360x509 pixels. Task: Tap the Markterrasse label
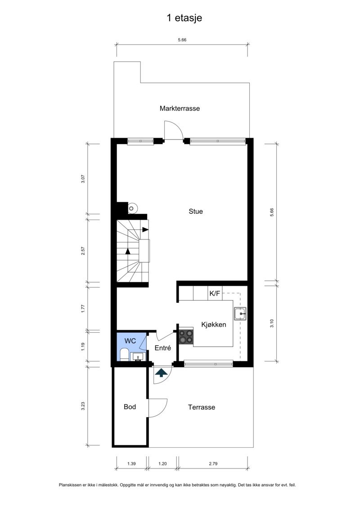click(180, 108)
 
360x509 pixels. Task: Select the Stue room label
click(195, 211)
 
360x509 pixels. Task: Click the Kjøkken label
click(213, 324)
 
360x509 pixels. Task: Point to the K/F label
click(215, 294)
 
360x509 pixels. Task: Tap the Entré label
click(162, 348)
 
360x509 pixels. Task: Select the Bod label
click(130, 407)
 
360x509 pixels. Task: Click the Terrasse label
click(201, 407)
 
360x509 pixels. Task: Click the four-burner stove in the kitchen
click(186, 336)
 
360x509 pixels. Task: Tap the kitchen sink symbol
click(240, 313)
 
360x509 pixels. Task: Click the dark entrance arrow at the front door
click(161, 372)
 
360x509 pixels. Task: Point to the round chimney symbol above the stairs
click(133, 208)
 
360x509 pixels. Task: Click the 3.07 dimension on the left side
click(83, 178)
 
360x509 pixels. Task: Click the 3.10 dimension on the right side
click(272, 323)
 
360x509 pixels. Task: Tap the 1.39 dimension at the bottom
click(131, 463)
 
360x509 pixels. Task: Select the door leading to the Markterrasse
click(173, 131)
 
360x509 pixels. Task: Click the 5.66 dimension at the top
click(182, 40)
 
